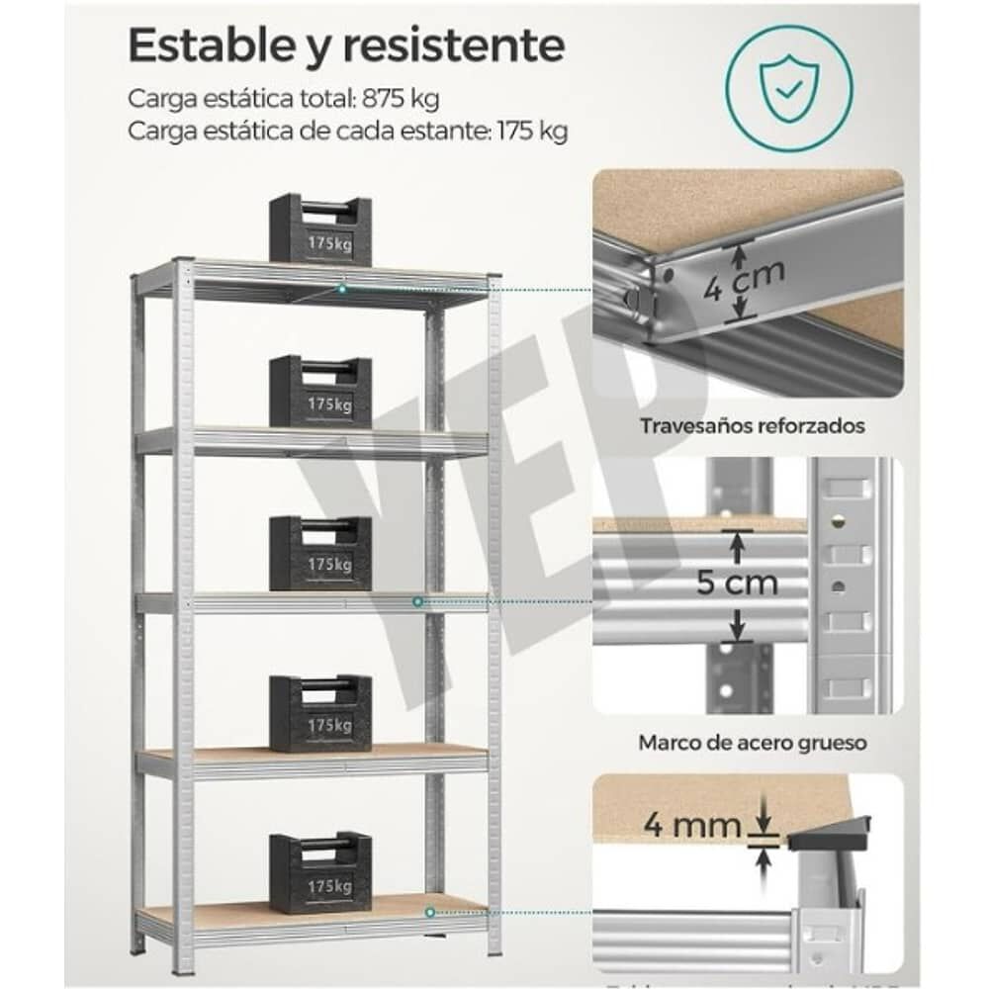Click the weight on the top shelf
pyautogui.click(x=320, y=229)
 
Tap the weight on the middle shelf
pyautogui.click(x=320, y=553)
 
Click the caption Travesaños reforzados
pyautogui.click(x=752, y=426)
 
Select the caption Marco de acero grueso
pyautogui.click(x=753, y=741)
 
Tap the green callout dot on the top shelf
pyautogui.click(x=341, y=288)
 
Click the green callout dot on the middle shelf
pyautogui.click(x=417, y=600)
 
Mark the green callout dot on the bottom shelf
pyautogui.click(x=430, y=911)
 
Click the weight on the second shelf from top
pyautogui.click(x=320, y=392)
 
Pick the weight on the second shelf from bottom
pyautogui.click(x=320, y=713)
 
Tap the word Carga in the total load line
pyautogui.click(x=161, y=99)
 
